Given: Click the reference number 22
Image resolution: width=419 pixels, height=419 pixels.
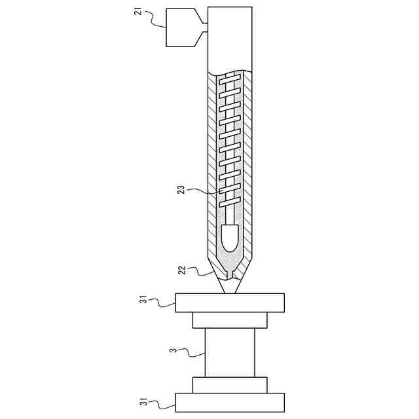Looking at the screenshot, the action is pyautogui.click(x=183, y=269).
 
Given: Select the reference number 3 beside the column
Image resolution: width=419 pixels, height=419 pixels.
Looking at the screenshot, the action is pyautogui.click(x=173, y=351).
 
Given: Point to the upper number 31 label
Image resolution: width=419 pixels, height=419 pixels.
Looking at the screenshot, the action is pyautogui.click(x=144, y=300).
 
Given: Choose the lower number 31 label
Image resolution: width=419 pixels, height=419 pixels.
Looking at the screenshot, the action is pyautogui.click(x=144, y=401).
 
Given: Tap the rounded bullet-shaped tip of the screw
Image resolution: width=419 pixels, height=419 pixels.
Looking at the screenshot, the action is pyautogui.click(x=230, y=238).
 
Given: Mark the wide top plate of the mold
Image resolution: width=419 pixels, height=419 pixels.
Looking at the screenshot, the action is pyautogui.click(x=230, y=302).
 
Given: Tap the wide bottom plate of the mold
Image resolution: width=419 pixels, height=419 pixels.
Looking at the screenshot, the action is pyautogui.click(x=230, y=402).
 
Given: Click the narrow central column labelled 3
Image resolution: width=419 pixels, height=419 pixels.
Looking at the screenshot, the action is pyautogui.click(x=230, y=352).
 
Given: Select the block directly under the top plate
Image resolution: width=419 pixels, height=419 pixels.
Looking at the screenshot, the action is pyautogui.click(x=230, y=320).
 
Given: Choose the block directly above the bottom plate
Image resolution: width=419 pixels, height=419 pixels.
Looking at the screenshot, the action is pyautogui.click(x=230, y=384).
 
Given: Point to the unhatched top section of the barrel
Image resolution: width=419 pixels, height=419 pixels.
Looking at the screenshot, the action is pyautogui.click(x=230, y=36).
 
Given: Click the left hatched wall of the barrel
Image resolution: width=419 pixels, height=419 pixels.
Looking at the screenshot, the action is pyautogui.click(x=211, y=164).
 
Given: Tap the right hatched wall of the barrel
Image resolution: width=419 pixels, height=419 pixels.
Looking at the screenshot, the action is pyautogui.click(x=248, y=164).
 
